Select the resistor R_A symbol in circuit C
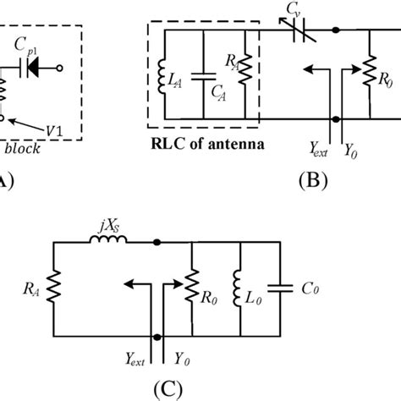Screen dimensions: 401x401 click(53, 288)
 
